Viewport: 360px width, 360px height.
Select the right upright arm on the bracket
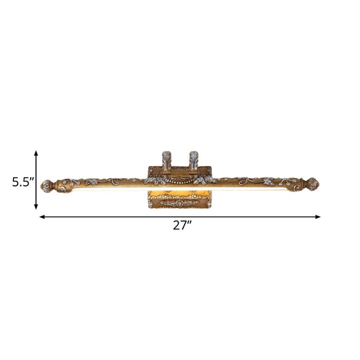coord(193,160)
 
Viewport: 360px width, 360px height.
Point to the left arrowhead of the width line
coord(42,217)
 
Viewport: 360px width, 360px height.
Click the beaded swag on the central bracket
coord(180,179)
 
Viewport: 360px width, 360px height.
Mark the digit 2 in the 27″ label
coord(177,225)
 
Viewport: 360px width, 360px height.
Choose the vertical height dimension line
coord(36,180)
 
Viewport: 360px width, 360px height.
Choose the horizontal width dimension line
coord(180,217)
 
